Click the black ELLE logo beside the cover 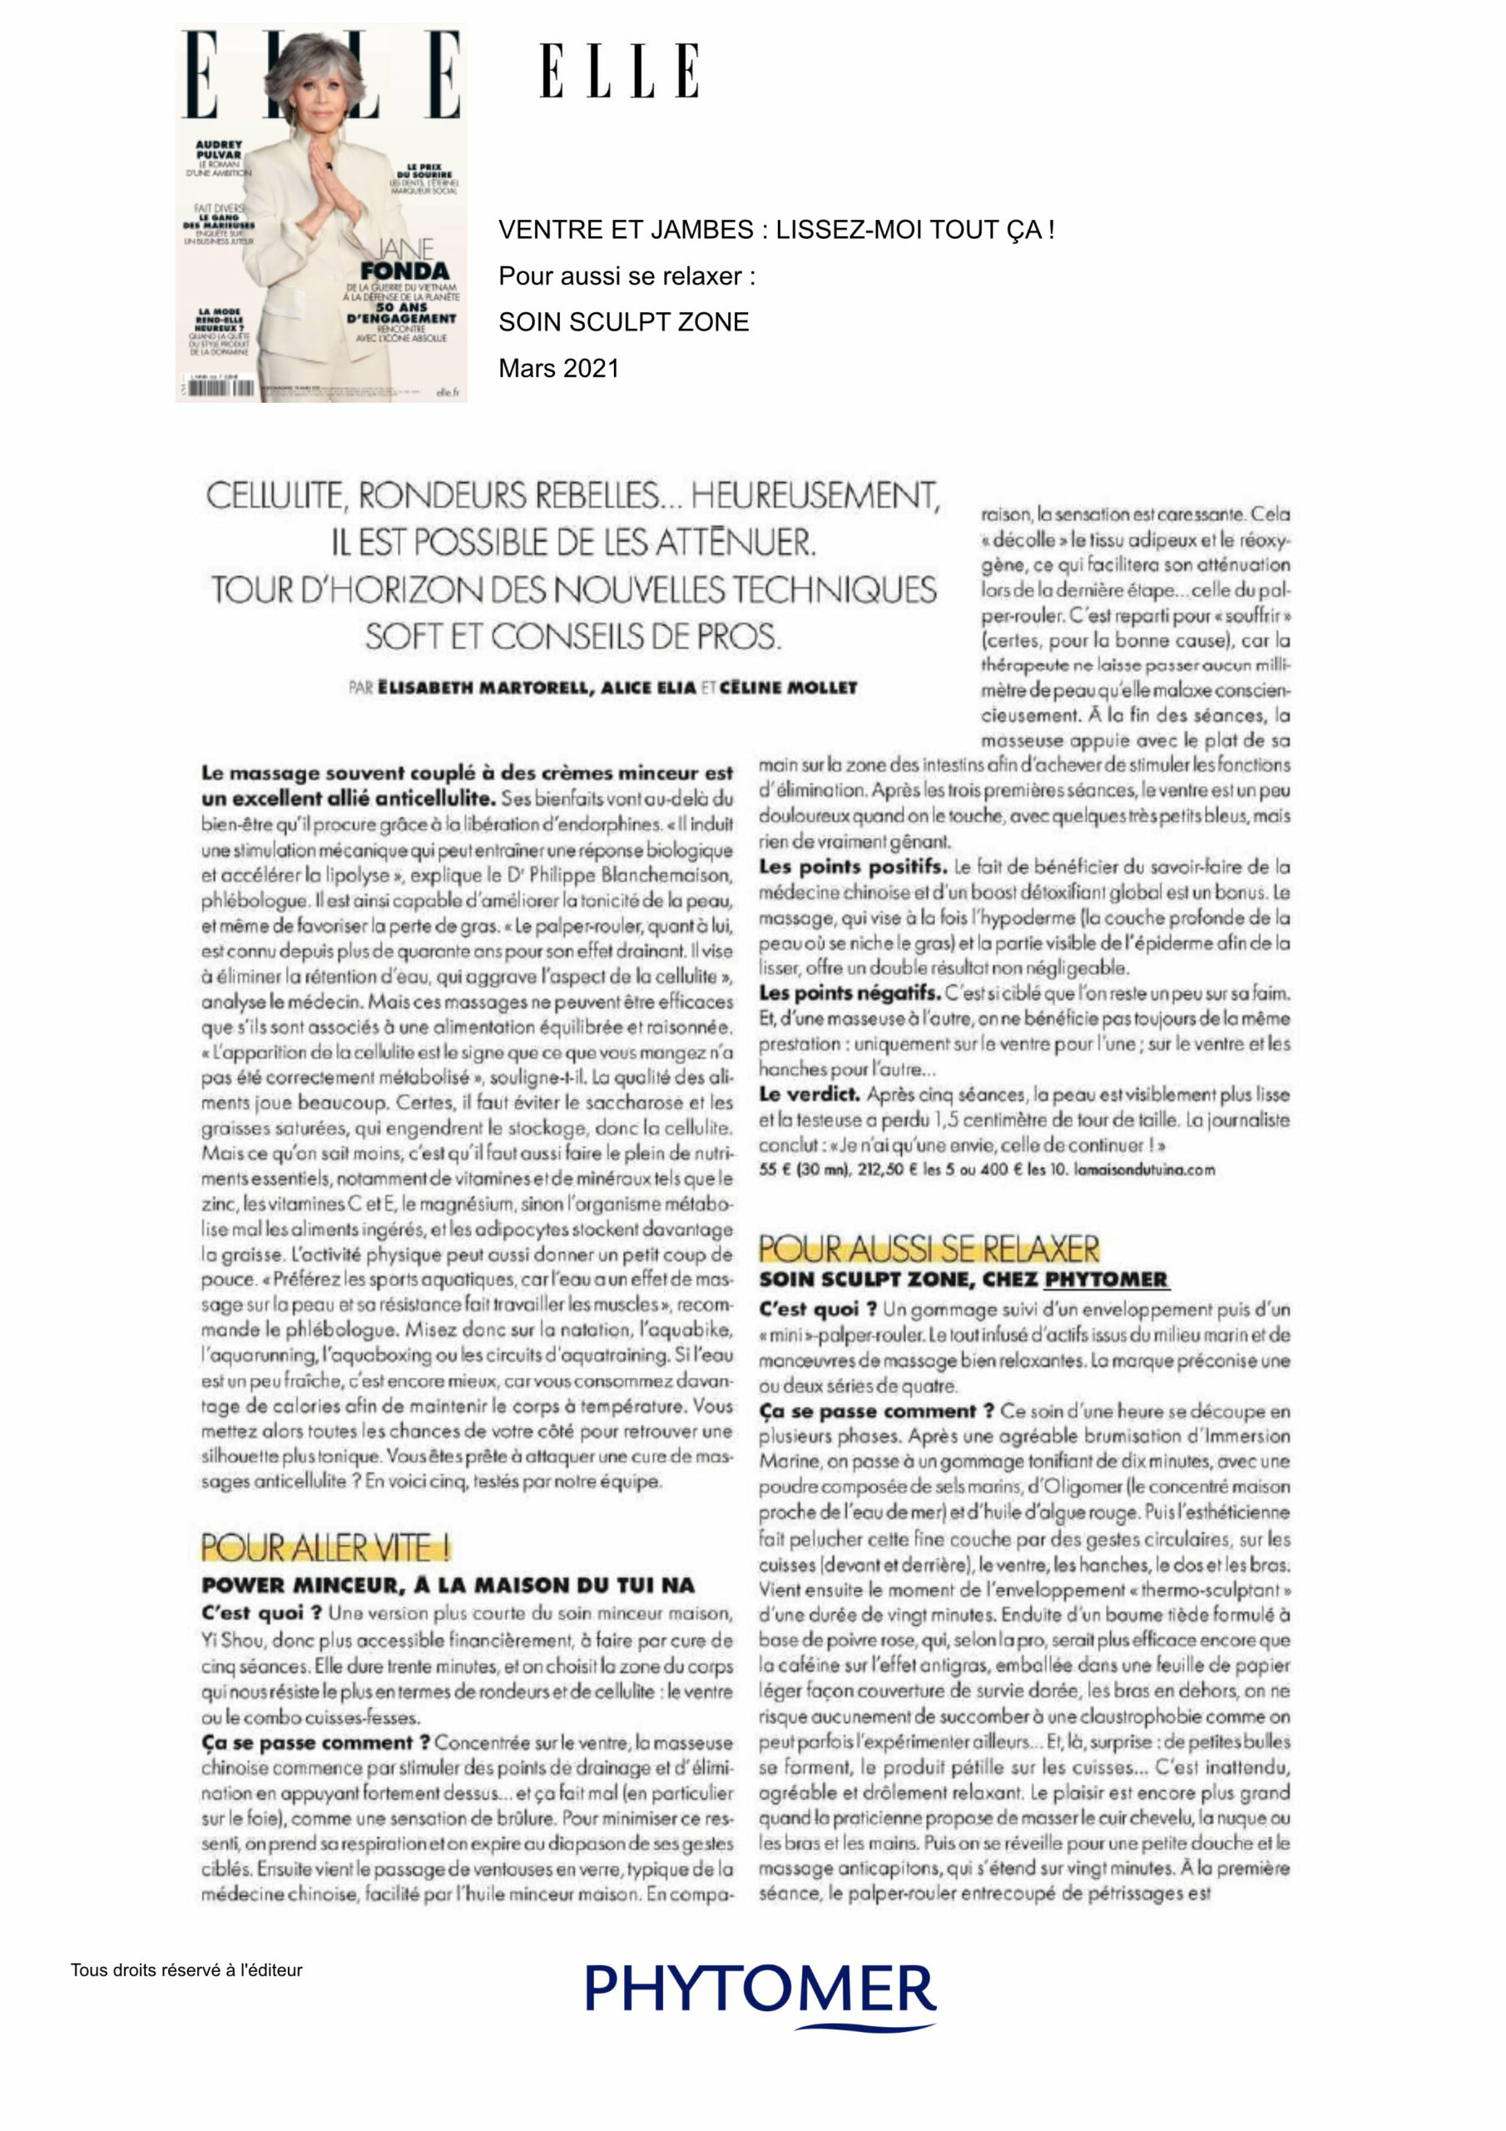pos(619,71)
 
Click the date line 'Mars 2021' pos(557,369)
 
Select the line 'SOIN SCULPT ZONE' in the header pos(623,322)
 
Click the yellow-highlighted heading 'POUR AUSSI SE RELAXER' pos(929,1249)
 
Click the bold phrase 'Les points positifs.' pos(853,867)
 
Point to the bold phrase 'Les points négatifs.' pos(849,993)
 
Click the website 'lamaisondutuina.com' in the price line pos(1144,1170)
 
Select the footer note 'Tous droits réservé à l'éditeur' pos(186,1970)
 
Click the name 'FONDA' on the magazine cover pos(404,271)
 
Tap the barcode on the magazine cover pos(220,388)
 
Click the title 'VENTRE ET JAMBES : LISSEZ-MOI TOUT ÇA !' pos(775,231)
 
